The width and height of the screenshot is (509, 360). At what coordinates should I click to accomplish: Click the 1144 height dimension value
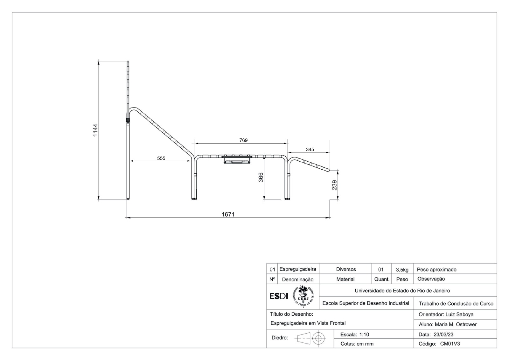[x=95, y=130]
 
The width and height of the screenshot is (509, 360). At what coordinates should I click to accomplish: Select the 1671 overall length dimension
[x=228, y=215]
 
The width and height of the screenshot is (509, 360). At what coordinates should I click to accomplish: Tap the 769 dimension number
[x=243, y=140]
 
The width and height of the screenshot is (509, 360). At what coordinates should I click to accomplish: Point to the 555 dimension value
[x=161, y=158]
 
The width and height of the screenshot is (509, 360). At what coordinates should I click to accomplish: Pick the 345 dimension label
[x=310, y=149]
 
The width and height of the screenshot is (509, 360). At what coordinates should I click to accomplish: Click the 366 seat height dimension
[x=261, y=177]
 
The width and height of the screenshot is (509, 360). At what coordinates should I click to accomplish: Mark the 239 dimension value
[x=334, y=185]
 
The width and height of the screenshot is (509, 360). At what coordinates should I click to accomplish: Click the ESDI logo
[x=279, y=296]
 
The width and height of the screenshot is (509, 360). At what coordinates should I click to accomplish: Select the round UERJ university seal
[x=303, y=296]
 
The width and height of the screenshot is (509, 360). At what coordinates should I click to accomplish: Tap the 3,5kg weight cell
[x=402, y=270]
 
